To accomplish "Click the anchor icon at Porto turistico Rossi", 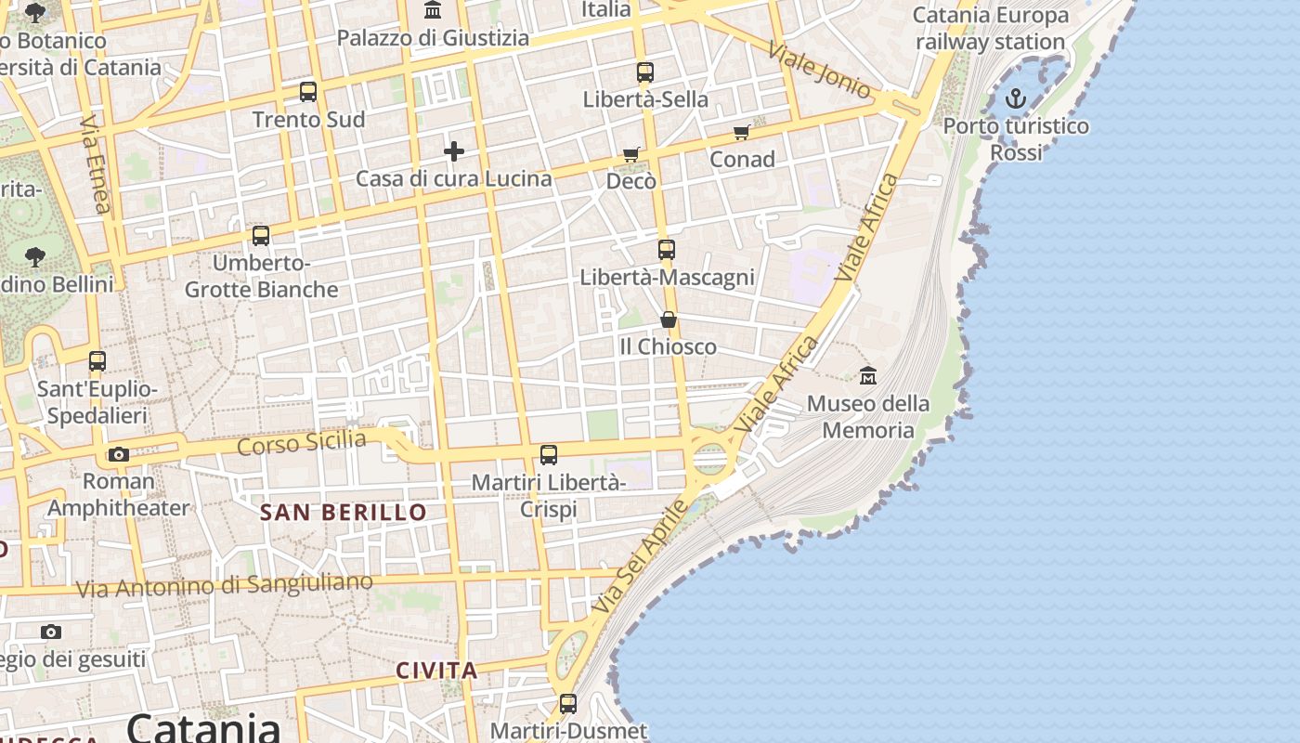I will coord(1016,98).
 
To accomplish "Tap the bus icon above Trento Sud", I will coord(308,92).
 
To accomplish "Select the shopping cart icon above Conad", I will coord(742,133).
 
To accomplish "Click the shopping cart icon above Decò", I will coord(631,154).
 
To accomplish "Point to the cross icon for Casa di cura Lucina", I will coord(454,150).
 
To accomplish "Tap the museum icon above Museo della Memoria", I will coord(868,376).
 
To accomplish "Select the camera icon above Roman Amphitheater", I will coord(118,454).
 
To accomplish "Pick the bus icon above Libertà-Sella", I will coord(645,72).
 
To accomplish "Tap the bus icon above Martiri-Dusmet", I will coord(568,704).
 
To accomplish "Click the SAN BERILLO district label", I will coord(343,512).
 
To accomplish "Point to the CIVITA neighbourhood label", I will coord(436,671).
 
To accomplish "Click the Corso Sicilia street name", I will coord(302,442).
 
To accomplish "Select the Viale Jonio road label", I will coord(820,70).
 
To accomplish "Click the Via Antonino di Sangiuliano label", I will coord(224,585).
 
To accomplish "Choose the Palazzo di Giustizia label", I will coord(433,38).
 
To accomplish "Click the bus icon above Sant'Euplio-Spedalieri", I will coord(97,361).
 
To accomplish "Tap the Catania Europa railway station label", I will coord(990,29).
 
